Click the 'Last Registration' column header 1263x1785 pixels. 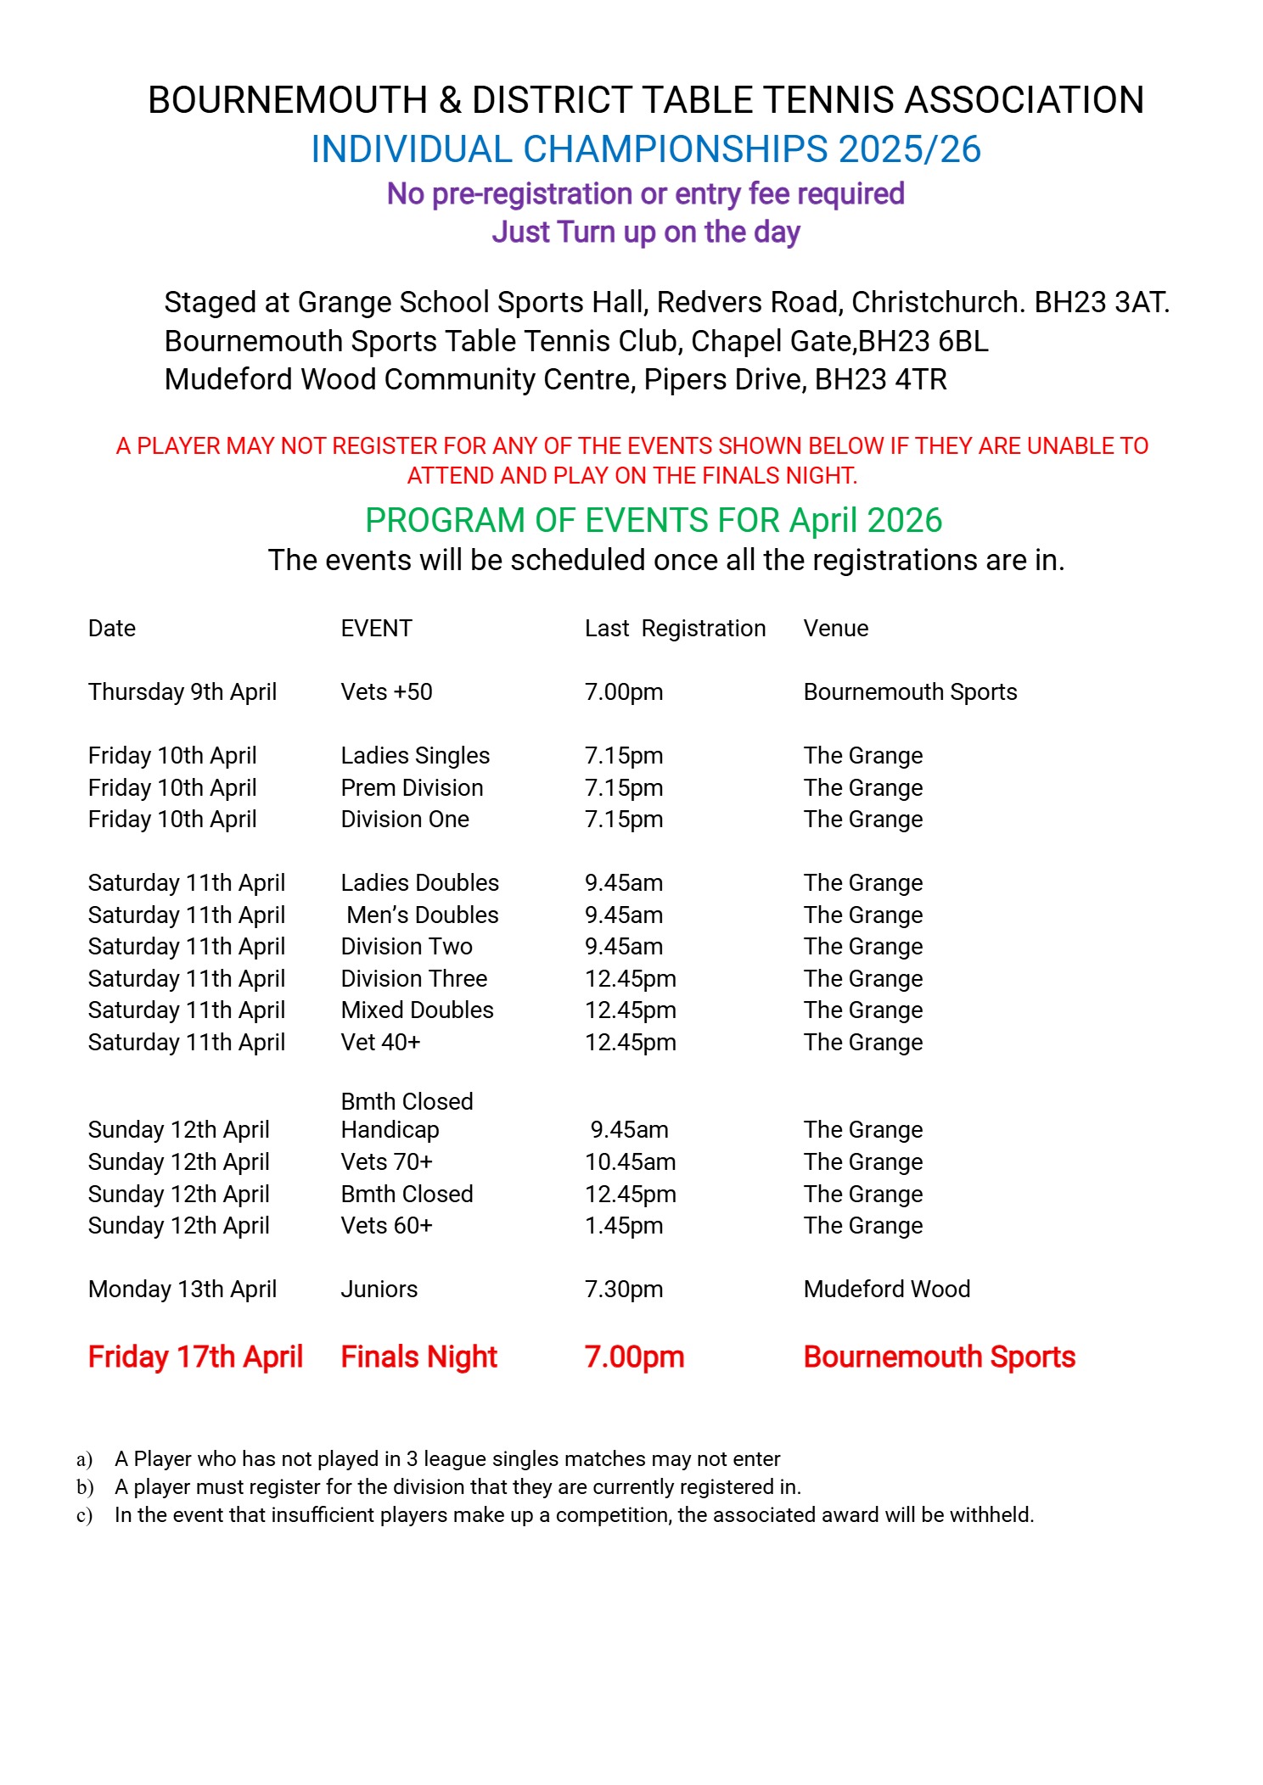pos(675,629)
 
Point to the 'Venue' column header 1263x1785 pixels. pos(835,629)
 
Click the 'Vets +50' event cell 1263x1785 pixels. pos(386,692)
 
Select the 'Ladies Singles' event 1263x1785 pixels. pos(415,756)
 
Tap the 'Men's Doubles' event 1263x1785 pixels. pos(422,915)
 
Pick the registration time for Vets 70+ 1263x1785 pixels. pos(630,1162)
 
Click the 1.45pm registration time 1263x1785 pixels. pos(624,1226)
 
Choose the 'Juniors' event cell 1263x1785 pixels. pos(379,1290)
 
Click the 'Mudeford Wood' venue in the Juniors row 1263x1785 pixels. pos(886,1290)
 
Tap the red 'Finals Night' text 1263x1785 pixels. pos(418,1357)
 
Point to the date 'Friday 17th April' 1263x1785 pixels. pos(195,1357)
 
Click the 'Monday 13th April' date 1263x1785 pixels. pos(182,1290)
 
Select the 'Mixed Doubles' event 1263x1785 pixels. pos(417,1010)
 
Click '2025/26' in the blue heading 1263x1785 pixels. pos(909,150)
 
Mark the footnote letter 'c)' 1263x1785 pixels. pos(84,1515)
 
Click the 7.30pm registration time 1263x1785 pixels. pos(624,1290)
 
